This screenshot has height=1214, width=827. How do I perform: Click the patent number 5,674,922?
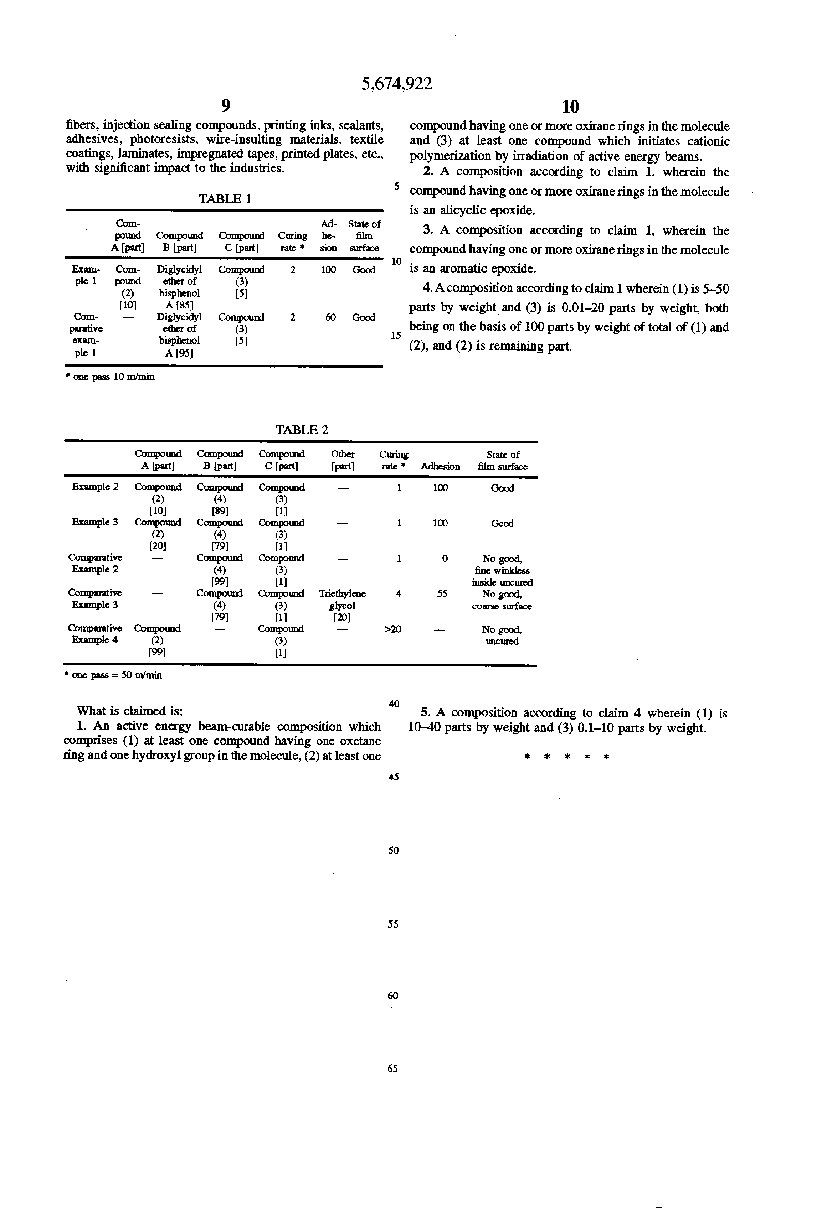(397, 84)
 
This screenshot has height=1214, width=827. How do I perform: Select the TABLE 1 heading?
(225, 199)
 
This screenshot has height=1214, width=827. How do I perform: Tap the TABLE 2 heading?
(302, 430)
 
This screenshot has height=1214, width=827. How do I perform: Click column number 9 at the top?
(225, 106)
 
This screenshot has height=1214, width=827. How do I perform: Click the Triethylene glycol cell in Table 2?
(343, 605)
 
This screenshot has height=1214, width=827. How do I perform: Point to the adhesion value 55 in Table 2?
(442, 593)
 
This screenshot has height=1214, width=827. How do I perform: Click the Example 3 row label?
(94, 522)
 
